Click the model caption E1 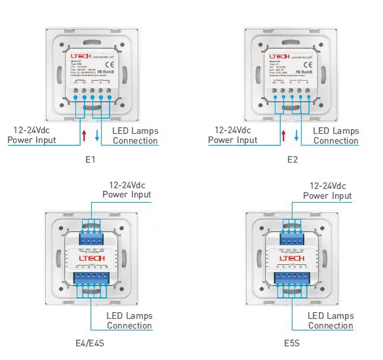click(91, 159)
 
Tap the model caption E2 click(292, 159)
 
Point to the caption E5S click(292, 342)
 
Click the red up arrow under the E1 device click(84, 136)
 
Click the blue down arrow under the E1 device click(97, 136)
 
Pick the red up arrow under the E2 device click(283, 136)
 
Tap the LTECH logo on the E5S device click(292, 258)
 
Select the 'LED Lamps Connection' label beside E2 click(336, 136)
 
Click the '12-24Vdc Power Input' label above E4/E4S click(127, 190)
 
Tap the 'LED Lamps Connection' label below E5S click(331, 321)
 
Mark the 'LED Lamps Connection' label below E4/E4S click(129, 321)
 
